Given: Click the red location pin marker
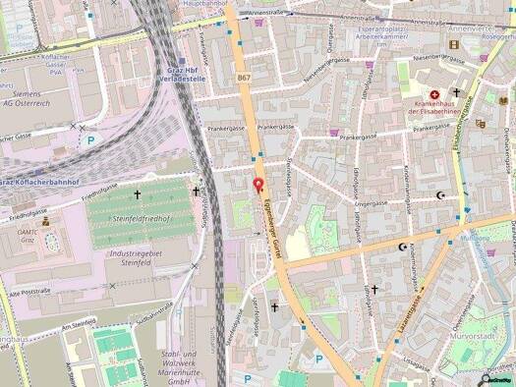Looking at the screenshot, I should [258, 186].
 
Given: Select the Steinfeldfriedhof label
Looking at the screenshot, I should [143, 217].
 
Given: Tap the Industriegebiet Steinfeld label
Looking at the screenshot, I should [132, 258].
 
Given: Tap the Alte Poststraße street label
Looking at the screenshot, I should [29, 292].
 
